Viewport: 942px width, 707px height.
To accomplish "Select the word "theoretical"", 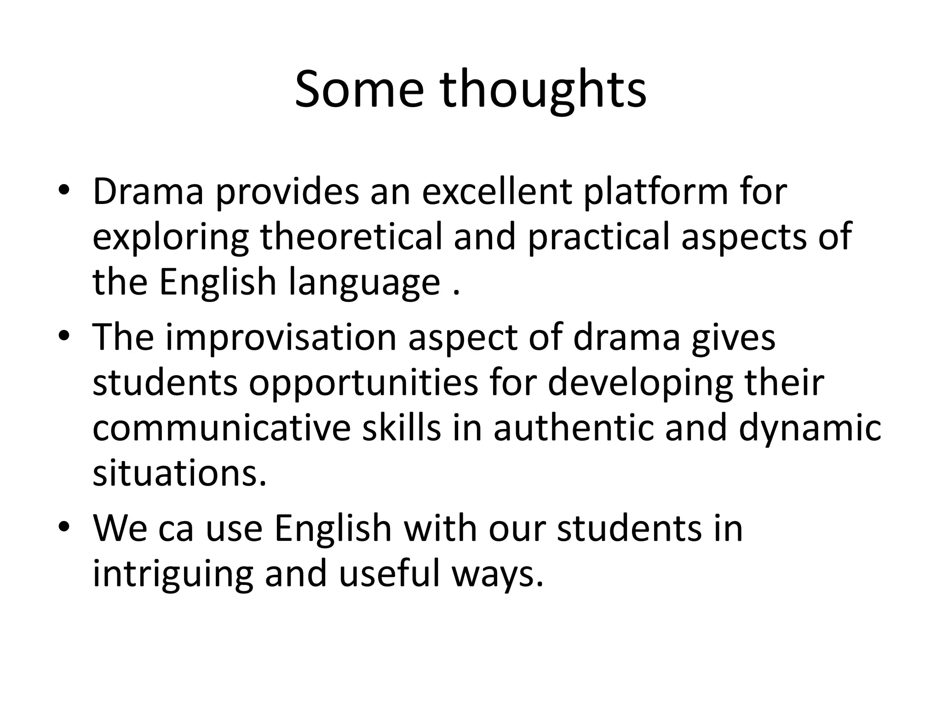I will point(350,237).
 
